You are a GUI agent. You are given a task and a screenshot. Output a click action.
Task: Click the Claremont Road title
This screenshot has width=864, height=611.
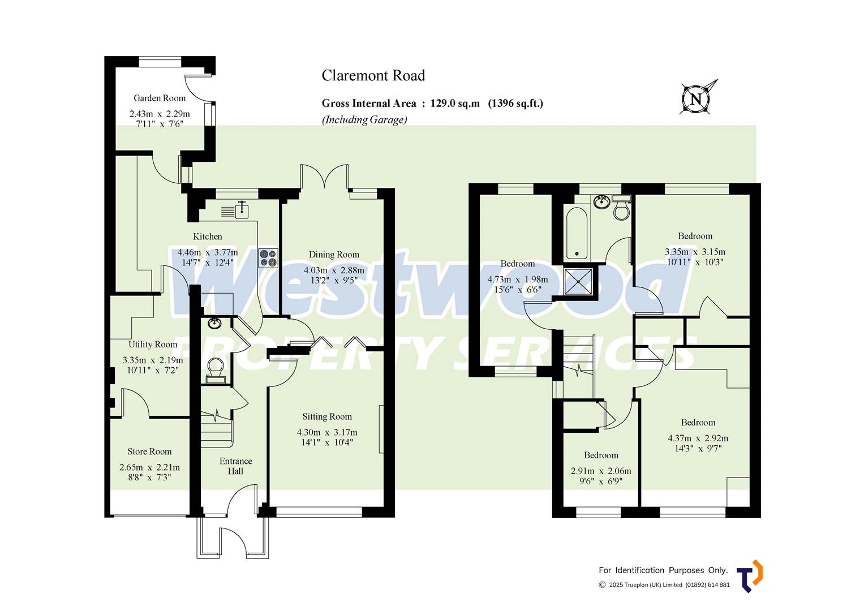[373, 75]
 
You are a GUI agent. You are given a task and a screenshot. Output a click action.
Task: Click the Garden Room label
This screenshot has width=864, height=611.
[159, 98]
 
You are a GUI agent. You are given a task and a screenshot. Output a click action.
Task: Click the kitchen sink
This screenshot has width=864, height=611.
[242, 209]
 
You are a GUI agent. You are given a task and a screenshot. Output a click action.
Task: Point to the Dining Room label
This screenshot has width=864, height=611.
[334, 255]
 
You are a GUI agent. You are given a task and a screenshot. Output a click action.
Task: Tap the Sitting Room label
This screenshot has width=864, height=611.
[326, 416]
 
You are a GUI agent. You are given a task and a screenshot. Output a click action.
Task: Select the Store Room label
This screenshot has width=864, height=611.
[149, 451]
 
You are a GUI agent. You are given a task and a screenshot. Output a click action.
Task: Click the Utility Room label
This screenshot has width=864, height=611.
[153, 344]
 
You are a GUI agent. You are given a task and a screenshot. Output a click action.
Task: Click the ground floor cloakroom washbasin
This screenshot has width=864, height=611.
[214, 324]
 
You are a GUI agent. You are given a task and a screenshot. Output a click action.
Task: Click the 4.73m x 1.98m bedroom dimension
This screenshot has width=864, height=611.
[517, 279]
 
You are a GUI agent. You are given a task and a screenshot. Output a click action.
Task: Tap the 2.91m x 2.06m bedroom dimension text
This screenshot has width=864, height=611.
[601, 471]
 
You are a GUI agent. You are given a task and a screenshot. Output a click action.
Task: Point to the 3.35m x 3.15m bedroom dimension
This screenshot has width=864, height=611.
[695, 252]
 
